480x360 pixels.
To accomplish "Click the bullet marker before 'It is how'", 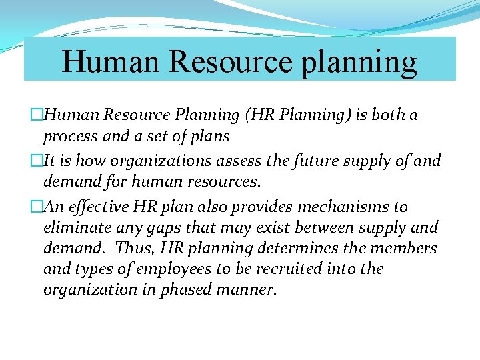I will pos(37,161).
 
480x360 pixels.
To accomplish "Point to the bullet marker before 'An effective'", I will pos(37,207).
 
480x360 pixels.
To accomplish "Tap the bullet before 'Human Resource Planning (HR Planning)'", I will pos(37,115).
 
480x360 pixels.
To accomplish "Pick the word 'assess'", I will pos(248,161).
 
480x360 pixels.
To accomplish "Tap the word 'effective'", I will pos(107,207).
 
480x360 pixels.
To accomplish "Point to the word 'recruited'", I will pos(300,269).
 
